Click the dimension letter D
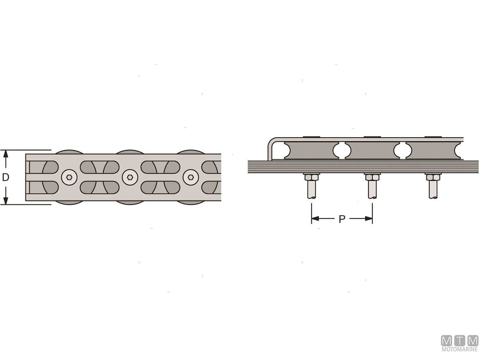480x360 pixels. pyautogui.click(x=6, y=177)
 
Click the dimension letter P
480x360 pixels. pyautogui.click(x=342, y=219)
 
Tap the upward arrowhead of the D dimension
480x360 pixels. pyautogui.click(x=6, y=154)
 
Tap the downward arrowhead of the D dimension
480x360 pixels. pyautogui.click(x=6, y=201)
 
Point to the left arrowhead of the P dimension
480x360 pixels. pyautogui.click(x=315, y=218)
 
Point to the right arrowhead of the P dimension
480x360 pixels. pyautogui.click(x=368, y=218)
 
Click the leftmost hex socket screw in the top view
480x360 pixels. pyautogui.click(x=69, y=177)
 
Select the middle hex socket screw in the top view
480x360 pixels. pyautogui.click(x=130, y=177)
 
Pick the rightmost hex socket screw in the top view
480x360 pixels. pyautogui.click(x=191, y=177)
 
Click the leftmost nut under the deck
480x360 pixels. pyautogui.click(x=312, y=177)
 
